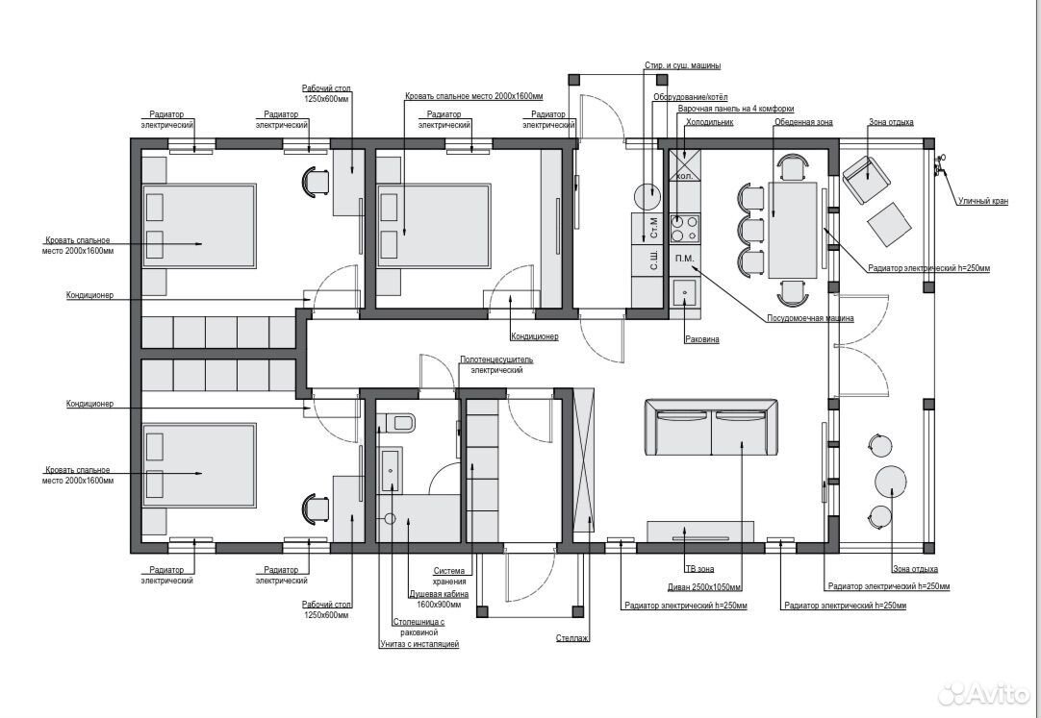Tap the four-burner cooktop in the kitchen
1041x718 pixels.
coord(685,228)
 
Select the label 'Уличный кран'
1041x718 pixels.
coord(982,201)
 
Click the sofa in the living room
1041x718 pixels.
coord(711,427)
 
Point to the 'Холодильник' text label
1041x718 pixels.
coord(709,122)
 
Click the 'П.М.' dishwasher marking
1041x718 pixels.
coord(684,259)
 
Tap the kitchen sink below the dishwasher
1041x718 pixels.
coord(684,292)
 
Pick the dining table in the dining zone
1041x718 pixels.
coord(793,230)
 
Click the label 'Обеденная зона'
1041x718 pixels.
coord(803,122)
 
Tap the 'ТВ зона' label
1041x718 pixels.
coord(699,569)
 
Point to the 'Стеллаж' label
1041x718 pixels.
coord(572,638)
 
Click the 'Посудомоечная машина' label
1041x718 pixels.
coord(810,318)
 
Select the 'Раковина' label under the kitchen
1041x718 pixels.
coord(701,339)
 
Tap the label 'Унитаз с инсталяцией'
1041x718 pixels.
coord(419,644)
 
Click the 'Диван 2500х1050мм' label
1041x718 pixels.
coord(704,586)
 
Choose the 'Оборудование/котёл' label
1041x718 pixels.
coord(691,97)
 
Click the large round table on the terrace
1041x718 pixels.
coord(890,481)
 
